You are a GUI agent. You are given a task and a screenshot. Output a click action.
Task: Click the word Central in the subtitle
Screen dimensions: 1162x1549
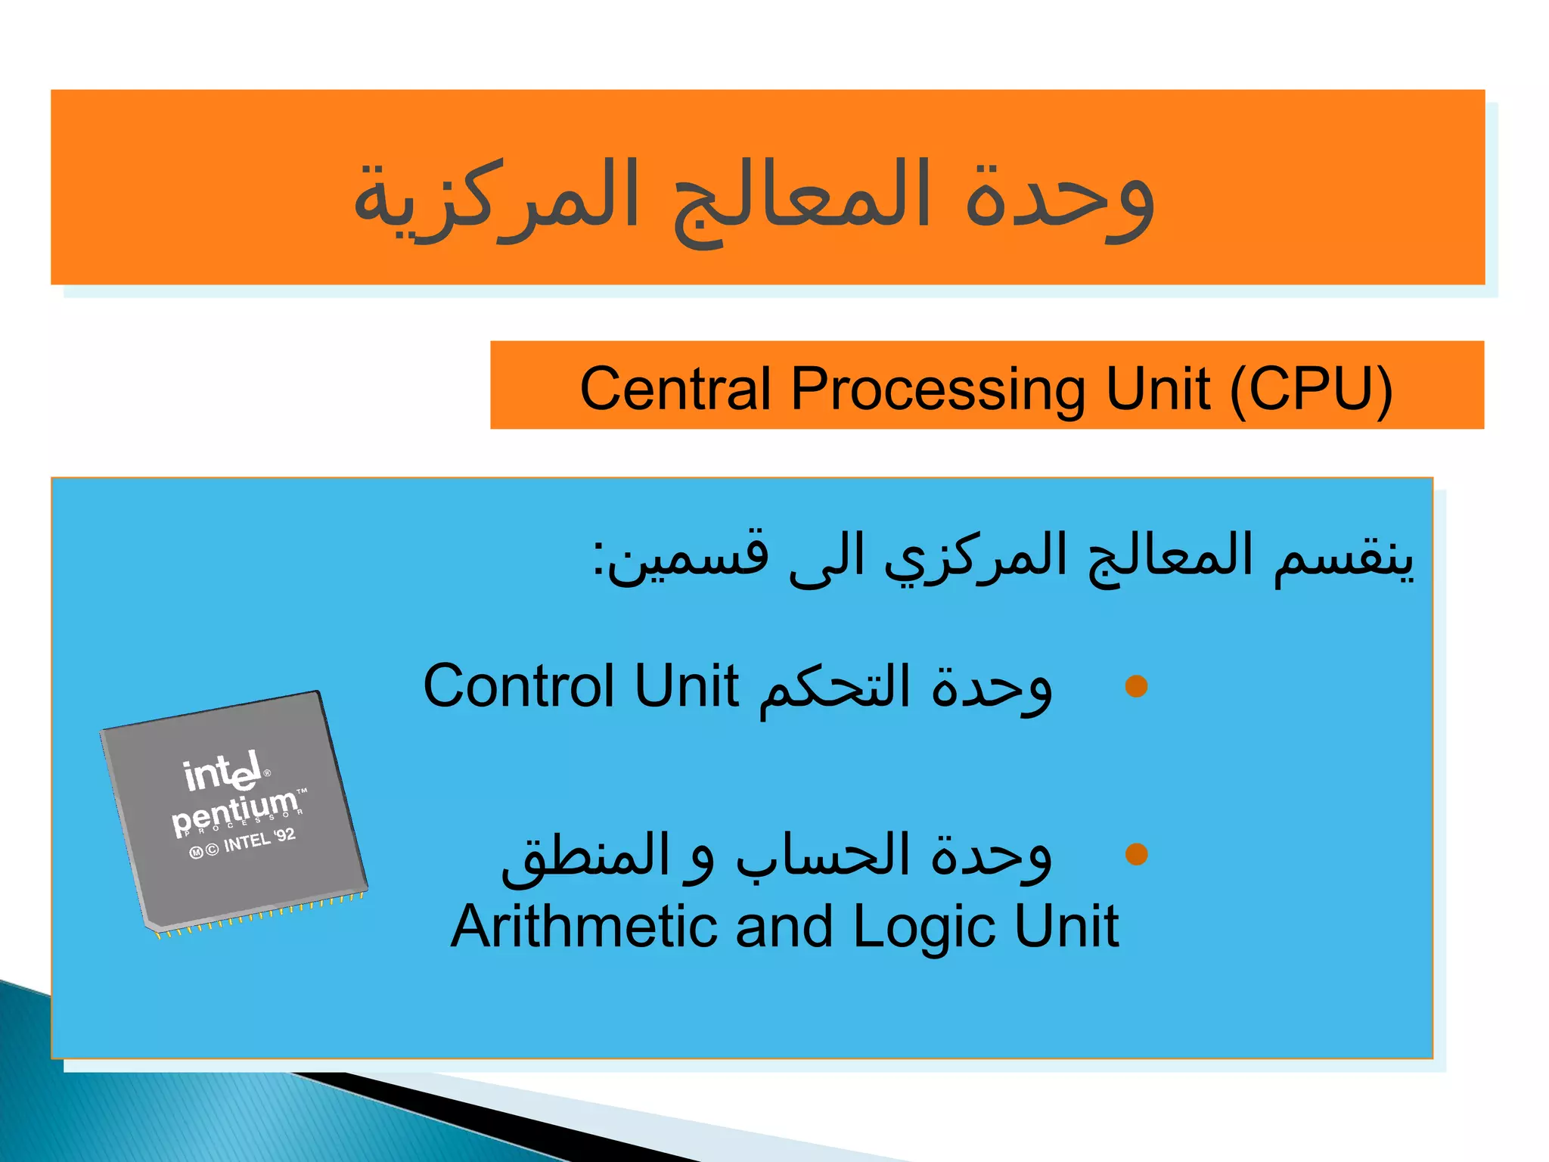pyautogui.click(x=675, y=388)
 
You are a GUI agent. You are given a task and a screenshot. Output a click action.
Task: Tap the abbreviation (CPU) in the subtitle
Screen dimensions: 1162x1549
pyautogui.click(x=1311, y=388)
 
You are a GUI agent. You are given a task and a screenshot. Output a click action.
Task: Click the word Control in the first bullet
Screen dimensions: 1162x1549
pyautogui.click(x=518, y=686)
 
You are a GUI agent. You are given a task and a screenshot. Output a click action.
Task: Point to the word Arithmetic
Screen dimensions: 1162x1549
pyautogui.click(x=583, y=927)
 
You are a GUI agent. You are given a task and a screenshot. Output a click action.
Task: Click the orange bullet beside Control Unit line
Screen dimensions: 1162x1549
pyautogui.click(x=1136, y=686)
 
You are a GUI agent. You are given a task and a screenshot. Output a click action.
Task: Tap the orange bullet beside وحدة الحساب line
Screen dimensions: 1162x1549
pyautogui.click(x=1136, y=854)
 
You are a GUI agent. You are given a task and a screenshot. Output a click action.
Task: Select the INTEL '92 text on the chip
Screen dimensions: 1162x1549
pyautogui.click(x=259, y=840)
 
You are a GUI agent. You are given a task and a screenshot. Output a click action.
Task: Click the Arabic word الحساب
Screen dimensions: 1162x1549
pyautogui.click(x=824, y=856)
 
